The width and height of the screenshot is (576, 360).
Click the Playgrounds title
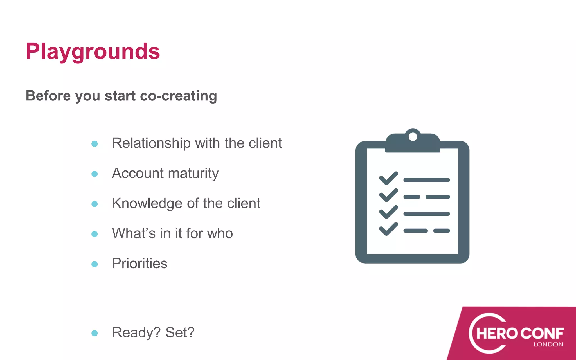click(x=93, y=52)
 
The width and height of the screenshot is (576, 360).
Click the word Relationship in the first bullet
click(x=151, y=143)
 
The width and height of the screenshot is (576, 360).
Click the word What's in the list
click(x=134, y=233)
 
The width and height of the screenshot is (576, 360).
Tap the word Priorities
click(x=139, y=264)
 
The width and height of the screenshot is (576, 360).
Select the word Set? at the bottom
click(x=180, y=332)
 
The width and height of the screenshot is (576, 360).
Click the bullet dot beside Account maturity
click(x=94, y=174)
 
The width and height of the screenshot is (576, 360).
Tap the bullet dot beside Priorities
click(x=94, y=264)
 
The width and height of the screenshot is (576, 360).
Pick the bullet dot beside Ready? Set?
click(x=94, y=333)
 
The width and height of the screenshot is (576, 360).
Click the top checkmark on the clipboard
click(x=388, y=178)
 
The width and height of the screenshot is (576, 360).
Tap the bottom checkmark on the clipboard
click(x=388, y=229)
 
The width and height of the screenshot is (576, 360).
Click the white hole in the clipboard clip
click(x=413, y=137)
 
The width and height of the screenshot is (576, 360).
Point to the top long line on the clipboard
click(x=426, y=180)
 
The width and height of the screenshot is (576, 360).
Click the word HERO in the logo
click(x=497, y=334)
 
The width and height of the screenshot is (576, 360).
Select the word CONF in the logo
click(x=542, y=334)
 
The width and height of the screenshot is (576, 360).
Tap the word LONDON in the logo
click(x=548, y=345)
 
